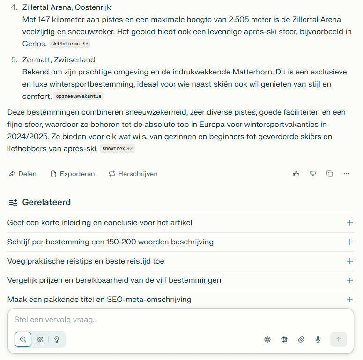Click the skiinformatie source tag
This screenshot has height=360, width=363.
pyautogui.click(x=69, y=44)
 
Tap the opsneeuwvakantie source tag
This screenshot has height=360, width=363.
pyautogui.click(x=78, y=96)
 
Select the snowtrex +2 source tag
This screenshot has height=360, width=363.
pyautogui.click(x=117, y=148)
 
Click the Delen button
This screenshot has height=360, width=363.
pyautogui.click(x=22, y=174)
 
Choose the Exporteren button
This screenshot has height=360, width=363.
pyautogui.click(x=73, y=174)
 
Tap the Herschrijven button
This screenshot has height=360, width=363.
pyautogui.click(x=133, y=174)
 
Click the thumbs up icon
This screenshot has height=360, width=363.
pyautogui.click(x=296, y=174)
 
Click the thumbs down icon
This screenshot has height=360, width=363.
pyautogui.click(x=312, y=174)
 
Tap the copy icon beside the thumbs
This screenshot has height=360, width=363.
pyautogui.click(x=330, y=174)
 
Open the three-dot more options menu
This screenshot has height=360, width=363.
pyautogui.click(x=347, y=174)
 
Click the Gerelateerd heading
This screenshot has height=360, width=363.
pyautogui.click(x=46, y=202)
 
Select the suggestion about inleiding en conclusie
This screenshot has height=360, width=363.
pyautogui.click(x=100, y=223)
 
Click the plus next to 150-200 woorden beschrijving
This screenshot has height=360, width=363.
pyautogui.click(x=349, y=242)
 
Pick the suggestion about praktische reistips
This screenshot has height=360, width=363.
pyautogui.click(x=86, y=261)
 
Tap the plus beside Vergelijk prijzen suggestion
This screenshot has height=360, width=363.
pyautogui.click(x=349, y=280)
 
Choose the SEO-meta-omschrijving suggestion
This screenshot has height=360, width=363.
pyautogui.click(x=99, y=300)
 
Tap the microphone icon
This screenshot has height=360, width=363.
pyautogui.click(x=318, y=339)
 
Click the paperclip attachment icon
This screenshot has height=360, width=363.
pyautogui.click(x=301, y=339)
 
